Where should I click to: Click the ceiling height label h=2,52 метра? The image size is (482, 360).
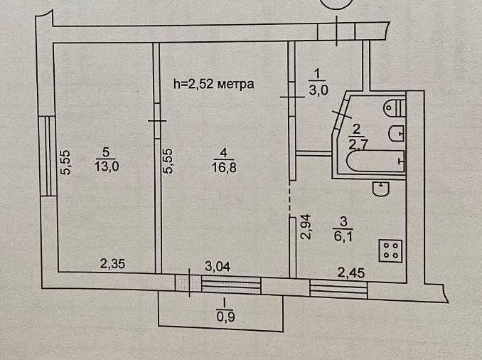pyautogui.click(x=214, y=83)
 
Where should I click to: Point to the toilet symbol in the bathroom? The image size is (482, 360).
pyautogui.click(x=393, y=108)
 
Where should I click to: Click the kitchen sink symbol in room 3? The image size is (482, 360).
pyautogui.click(x=382, y=189)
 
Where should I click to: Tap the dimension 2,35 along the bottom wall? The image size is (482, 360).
pyautogui.click(x=112, y=265)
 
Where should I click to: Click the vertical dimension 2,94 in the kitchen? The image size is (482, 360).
pyautogui.click(x=306, y=228)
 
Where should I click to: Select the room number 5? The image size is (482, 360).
pyautogui.click(x=105, y=152)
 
